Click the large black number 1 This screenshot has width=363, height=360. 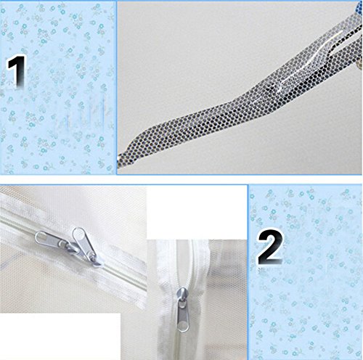coord(17,70)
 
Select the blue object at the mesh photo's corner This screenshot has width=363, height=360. coord(359,7)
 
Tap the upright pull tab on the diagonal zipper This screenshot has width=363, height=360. coord(83,242)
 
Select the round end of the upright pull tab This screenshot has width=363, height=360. coord(78,233)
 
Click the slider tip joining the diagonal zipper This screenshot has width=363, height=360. coord(97,263)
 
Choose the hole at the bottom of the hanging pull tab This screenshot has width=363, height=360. coord(183,326)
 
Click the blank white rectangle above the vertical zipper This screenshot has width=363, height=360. coord(197,213)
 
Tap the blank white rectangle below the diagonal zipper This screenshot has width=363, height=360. coord(60,336)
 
